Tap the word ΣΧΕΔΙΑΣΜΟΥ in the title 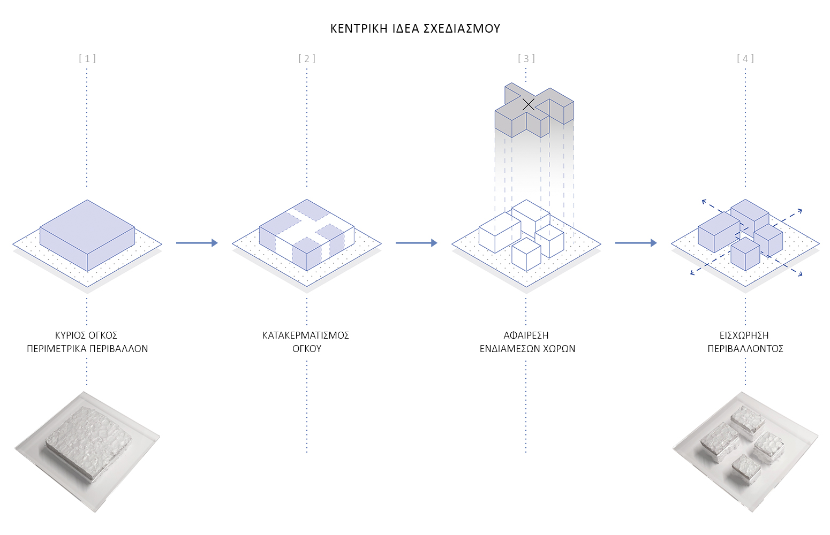[x=462, y=29]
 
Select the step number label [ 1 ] [x=87, y=58]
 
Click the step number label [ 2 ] [x=307, y=58]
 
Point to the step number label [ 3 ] [x=526, y=58]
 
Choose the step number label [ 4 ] [x=745, y=58]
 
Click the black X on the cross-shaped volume [x=528, y=105]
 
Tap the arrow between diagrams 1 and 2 [x=197, y=243]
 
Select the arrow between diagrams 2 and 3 [x=416, y=243]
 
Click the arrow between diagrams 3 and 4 [x=636, y=243]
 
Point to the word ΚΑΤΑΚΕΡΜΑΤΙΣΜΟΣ [x=306, y=335]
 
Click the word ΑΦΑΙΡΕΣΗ [x=526, y=335]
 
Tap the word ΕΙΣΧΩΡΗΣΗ [x=744, y=335]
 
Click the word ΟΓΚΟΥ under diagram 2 [x=306, y=349]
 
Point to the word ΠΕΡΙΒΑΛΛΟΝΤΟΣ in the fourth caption [x=745, y=349]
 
